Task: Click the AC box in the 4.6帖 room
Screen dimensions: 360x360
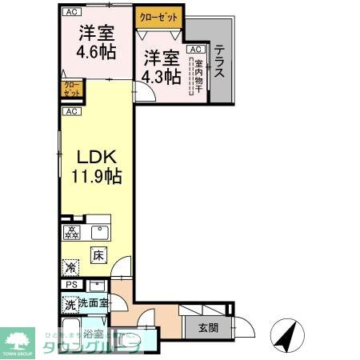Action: [72, 12]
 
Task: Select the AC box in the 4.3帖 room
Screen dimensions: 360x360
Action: [194, 50]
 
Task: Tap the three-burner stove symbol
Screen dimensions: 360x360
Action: [71, 234]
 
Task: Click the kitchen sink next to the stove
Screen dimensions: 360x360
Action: [101, 234]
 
